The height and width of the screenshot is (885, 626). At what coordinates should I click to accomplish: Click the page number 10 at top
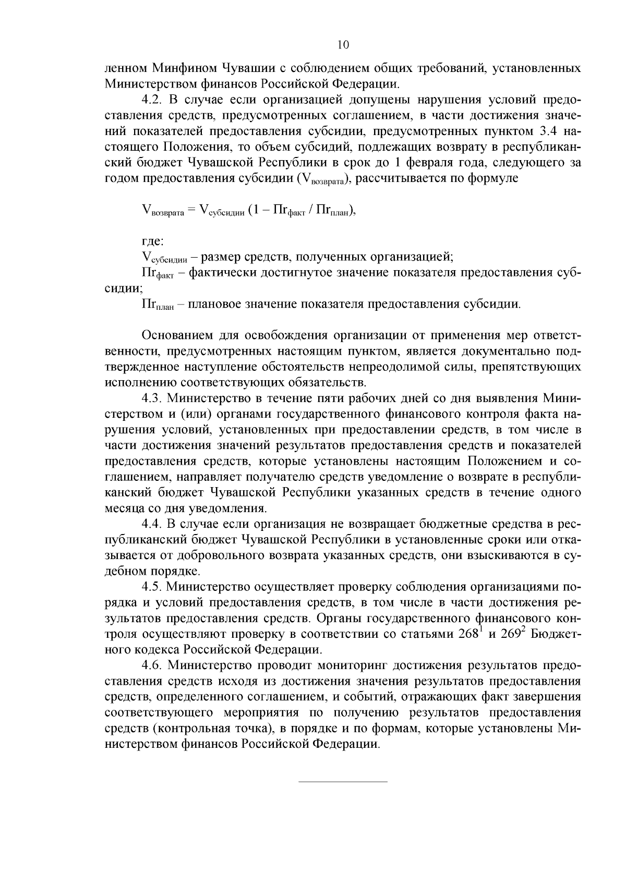point(343,45)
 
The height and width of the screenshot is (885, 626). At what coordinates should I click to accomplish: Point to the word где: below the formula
point(153,241)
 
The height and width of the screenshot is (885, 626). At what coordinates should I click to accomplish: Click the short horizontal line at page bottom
point(343,781)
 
